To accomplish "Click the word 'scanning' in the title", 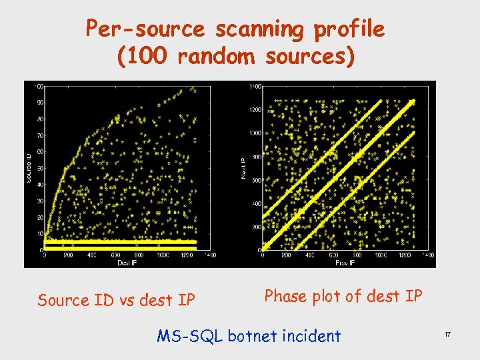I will pos(259,29).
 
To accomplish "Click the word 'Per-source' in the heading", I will pos(146,29).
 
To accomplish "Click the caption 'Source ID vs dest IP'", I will pos(117,300).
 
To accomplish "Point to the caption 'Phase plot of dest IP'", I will pos(343,296).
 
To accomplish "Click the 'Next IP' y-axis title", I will pos(243,167).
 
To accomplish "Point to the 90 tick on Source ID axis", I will pos(40,103).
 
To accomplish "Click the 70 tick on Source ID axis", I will pos(40,135).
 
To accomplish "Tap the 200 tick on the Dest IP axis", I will pos(69,255).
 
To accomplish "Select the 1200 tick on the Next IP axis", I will pos(255,110).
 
